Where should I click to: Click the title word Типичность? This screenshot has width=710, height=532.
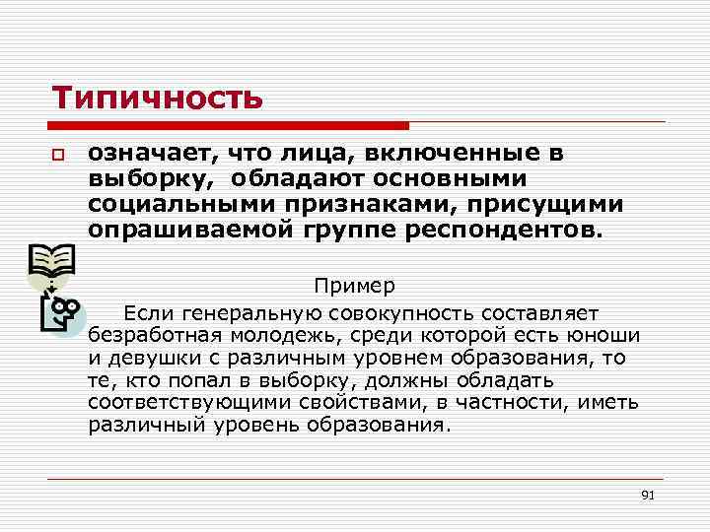pyautogui.click(x=158, y=98)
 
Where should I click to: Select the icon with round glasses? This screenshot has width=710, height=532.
pyautogui.click(x=62, y=312)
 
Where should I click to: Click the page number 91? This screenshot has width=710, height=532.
pyautogui.click(x=647, y=494)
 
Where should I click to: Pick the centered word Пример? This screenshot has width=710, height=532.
pyautogui.click(x=355, y=287)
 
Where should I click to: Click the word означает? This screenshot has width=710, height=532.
pyautogui.click(x=151, y=154)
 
